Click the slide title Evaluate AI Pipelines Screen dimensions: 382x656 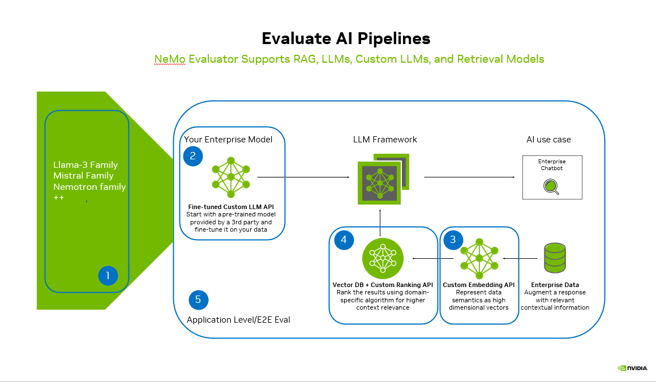[346, 38]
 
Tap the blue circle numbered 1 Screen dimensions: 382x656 [108, 276]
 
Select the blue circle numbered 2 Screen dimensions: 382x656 [193, 157]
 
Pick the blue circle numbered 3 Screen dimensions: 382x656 [453, 240]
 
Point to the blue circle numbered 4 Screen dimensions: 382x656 [344, 240]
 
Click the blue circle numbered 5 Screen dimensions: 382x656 [198, 299]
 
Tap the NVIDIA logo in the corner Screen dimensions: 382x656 [633, 368]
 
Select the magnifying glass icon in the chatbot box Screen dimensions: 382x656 [551, 186]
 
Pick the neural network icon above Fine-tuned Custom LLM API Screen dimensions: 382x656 [230, 177]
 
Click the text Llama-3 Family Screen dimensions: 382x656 [85, 165]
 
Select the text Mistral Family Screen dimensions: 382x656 [83, 176]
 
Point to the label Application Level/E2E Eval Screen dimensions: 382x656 [238, 320]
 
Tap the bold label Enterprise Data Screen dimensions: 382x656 [555, 285]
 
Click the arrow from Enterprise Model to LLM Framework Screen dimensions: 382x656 [303, 177]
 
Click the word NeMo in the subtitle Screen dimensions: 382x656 [170, 59]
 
